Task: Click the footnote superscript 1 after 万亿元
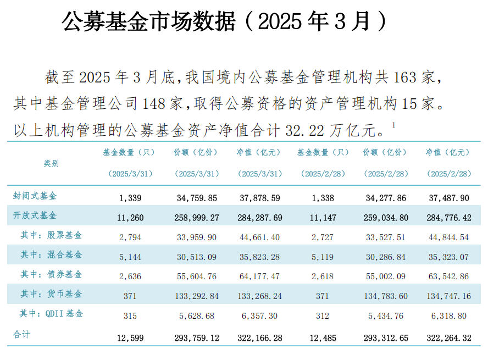(x=393, y=126)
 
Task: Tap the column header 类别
(x=51, y=163)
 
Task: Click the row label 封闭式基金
(x=35, y=196)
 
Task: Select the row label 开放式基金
(x=35, y=215)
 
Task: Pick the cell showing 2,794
(x=130, y=238)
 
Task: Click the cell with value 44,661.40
(x=259, y=238)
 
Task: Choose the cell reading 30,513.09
(x=196, y=257)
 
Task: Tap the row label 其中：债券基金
(x=52, y=274)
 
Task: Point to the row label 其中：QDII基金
(x=52, y=314)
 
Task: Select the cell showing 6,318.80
(x=449, y=316)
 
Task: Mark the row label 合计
(x=22, y=334)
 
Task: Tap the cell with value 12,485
(x=323, y=338)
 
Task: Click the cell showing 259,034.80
(x=386, y=218)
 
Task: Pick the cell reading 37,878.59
(x=259, y=198)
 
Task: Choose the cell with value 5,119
(x=323, y=257)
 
